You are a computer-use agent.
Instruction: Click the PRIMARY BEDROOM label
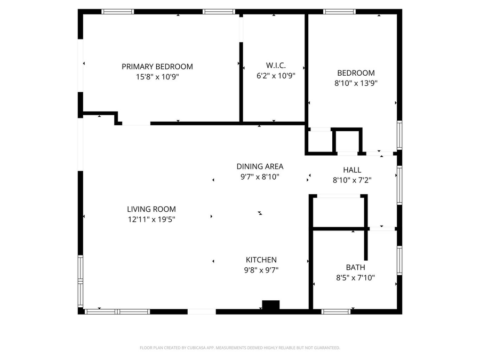click(x=157, y=67)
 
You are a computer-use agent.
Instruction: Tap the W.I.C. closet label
click(x=276, y=65)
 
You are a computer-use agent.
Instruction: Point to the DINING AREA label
click(x=260, y=166)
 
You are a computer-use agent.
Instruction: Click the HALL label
click(x=352, y=170)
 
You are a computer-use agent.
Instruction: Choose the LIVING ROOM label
click(x=151, y=210)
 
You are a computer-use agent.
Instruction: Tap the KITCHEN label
click(x=261, y=260)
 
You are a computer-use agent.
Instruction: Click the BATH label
click(x=355, y=267)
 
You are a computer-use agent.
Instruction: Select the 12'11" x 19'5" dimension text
click(x=151, y=219)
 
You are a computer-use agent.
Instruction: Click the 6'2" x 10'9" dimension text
click(x=276, y=75)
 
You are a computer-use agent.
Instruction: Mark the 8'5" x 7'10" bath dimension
click(x=355, y=277)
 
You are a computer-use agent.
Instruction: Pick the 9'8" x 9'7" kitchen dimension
click(x=261, y=270)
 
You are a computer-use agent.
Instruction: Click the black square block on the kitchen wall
click(x=271, y=305)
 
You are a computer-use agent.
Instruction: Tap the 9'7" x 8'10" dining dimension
click(x=260, y=177)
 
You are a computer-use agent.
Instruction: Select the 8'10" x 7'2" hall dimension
click(x=352, y=180)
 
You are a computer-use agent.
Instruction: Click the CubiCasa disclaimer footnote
click(x=240, y=348)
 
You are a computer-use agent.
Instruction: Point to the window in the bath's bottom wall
click(x=336, y=311)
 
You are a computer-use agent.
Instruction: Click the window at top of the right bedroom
click(x=339, y=11)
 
